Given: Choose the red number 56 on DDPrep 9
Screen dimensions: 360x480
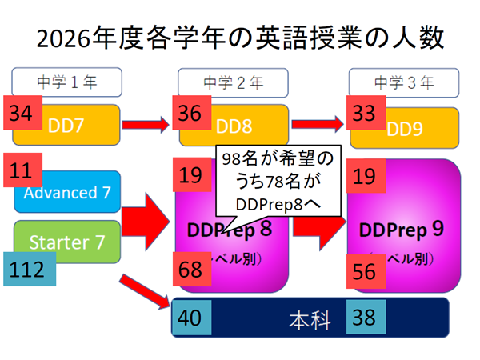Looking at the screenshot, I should tap(365, 272).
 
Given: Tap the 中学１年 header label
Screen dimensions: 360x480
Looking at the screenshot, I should tap(66, 82).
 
